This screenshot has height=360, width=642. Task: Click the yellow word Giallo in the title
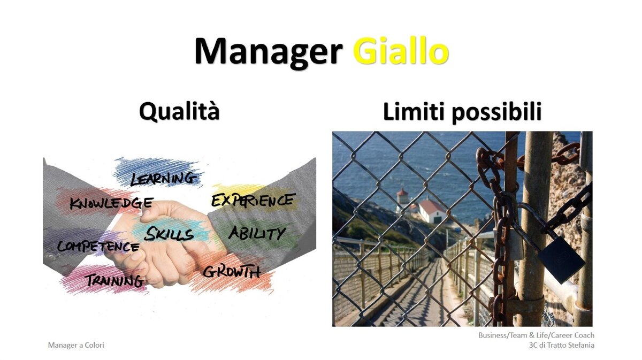pyautogui.click(x=401, y=51)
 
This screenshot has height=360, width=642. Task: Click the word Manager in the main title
pyautogui.click(x=269, y=53)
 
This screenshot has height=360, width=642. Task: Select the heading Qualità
pyautogui.click(x=179, y=111)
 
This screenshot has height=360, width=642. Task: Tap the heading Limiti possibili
pyautogui.click(x=462, y=112)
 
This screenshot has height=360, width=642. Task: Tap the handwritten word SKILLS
pyautogui.click(x=169, y=234)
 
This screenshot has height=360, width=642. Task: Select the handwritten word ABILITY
pyautogui.click(x=257, y=233)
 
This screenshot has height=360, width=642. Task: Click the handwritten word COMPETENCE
pyautogui.click(x=98, y=247)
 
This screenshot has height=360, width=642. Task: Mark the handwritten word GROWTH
pyautogui.click(x=232, y=271)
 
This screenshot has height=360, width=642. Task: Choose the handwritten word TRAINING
pyautogui.click(x=114, y=281)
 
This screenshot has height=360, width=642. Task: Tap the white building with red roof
pyautogui.click(x=432, y=211)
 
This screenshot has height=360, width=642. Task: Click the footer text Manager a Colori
pyautogui.click(x=76, y=345)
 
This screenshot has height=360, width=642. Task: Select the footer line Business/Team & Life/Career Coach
pyautogui.click(x=536, y=335)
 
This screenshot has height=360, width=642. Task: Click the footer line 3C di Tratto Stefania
pyautogui.click(x=562, y=345)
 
